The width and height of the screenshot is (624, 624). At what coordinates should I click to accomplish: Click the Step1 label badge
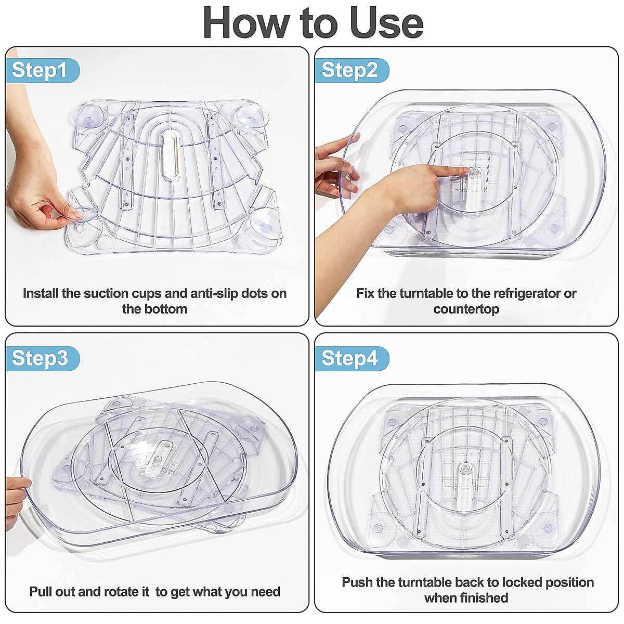click(x=42, y=71)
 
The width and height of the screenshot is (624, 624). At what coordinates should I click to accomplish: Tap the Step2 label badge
click(x=352, y=71)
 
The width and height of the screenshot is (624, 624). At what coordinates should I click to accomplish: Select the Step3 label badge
click(x=42, y=358)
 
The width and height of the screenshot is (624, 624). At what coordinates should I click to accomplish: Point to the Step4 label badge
click(x=352, y=358)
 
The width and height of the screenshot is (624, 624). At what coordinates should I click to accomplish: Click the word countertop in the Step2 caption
click(x=466, y=309)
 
